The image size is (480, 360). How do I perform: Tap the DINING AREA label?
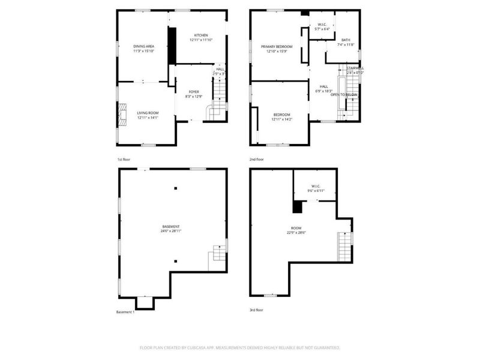143,46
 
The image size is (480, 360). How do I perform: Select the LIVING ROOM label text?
147,113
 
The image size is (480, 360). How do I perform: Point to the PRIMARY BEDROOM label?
277,46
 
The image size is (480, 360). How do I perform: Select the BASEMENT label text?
170,226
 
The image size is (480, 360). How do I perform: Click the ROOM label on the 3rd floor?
296,227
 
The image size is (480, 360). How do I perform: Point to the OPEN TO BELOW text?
344,95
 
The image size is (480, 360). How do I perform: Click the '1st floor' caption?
124,160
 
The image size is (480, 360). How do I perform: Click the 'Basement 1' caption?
125,312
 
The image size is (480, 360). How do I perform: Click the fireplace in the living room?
122,114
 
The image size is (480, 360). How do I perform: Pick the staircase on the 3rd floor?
344,245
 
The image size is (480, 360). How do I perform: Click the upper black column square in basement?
176,188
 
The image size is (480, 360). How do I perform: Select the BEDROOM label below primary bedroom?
281,115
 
